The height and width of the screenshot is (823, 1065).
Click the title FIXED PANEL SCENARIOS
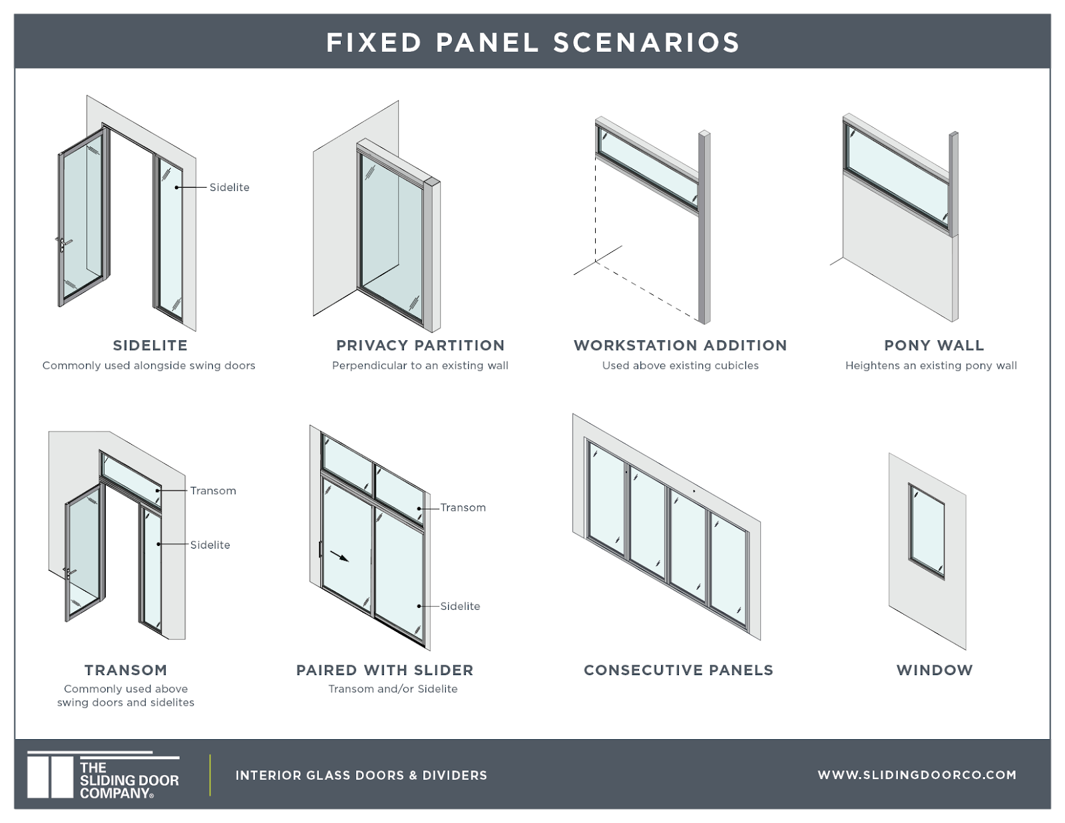(x=532, y=43)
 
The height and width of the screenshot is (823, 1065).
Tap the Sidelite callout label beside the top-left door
(x=229, y=187)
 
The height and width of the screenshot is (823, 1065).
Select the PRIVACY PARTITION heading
(x=420, y=346)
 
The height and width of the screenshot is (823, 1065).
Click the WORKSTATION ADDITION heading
(x=680, y=346)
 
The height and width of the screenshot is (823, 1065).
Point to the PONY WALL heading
(x=934, y=346)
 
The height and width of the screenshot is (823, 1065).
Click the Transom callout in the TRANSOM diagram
(x=213, y=491)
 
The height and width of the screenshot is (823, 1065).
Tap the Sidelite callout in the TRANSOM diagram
(x=210, y=545)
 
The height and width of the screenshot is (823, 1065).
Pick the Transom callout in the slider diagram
(x=463, y=507)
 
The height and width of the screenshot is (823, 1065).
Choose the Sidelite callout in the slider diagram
(x=460, y=606)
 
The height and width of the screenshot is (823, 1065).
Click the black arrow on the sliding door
(x=339, y=556)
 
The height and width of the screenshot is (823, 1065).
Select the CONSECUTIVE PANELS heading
(x=678, y=670)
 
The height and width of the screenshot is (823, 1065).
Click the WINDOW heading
(x=935, y=670)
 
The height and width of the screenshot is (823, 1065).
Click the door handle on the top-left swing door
(x=61, y=244)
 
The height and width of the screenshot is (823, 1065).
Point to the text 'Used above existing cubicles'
(x=680, y=366)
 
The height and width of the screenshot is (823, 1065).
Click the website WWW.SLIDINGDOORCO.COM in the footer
(x=917, y=775)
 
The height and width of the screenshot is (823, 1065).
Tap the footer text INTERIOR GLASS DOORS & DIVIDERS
(x=361, y=775)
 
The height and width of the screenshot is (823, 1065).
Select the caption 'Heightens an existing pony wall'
(x=931, y=366)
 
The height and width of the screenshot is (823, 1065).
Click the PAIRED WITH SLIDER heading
(x=385, y=670)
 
